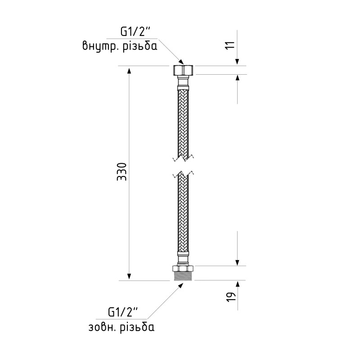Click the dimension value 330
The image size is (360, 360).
click(121, 172)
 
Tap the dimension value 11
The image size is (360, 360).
click(231, 45)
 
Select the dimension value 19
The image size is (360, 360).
click(232, 297)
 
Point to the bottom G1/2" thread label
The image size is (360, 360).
click(123, 312)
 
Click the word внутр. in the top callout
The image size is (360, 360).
click(100, 46)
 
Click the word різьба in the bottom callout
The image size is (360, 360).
click(137, 327)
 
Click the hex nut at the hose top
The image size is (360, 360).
click(183, 70)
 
